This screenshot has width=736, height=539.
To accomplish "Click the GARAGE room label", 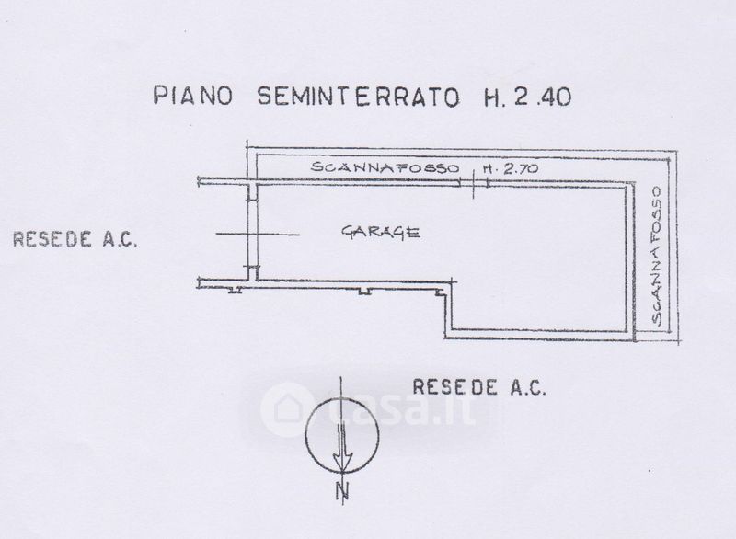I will coord(382,233).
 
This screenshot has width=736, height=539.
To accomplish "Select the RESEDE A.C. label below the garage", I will coord(479,386).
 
